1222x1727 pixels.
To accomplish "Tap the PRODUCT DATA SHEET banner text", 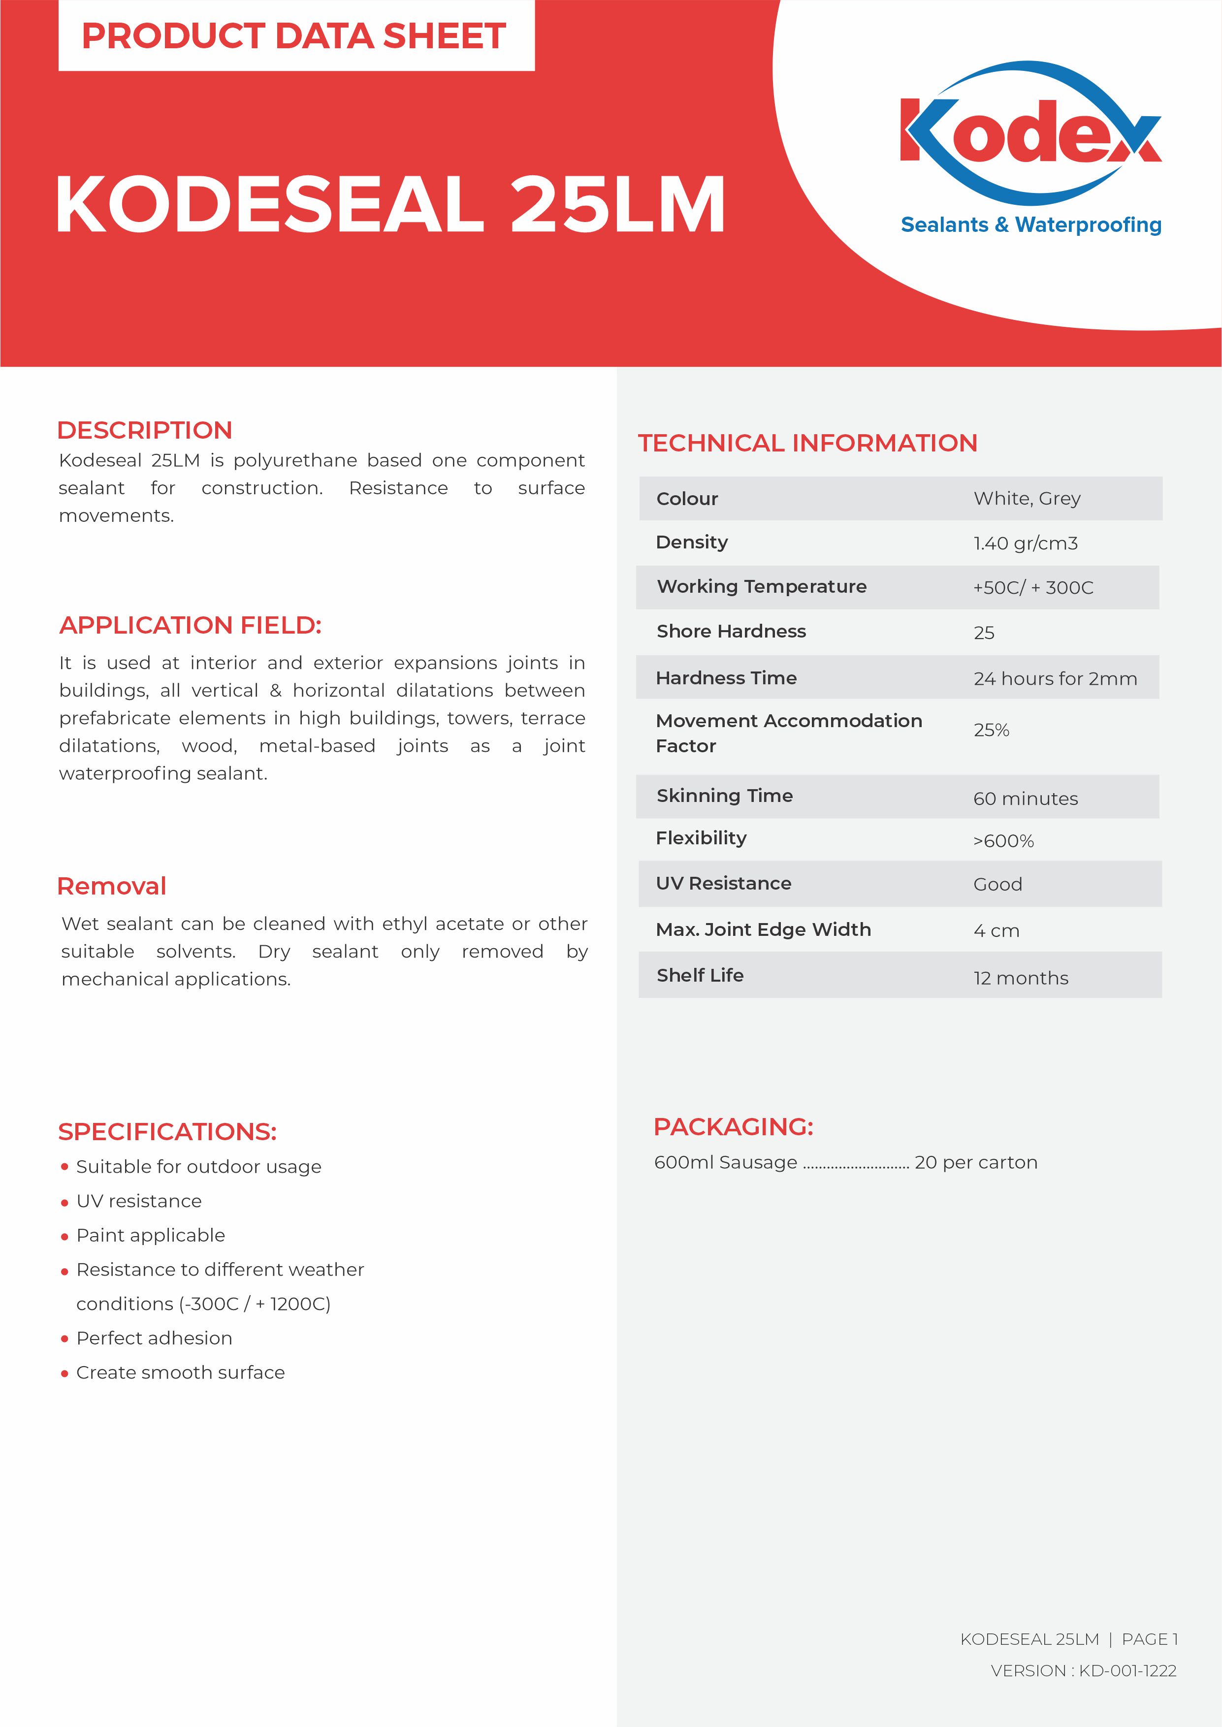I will point(293,36).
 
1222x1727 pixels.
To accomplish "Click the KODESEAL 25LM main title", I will point(390,205).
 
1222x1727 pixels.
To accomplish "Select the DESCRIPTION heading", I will point(144,430).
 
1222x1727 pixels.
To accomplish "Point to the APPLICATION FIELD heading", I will point(191,625).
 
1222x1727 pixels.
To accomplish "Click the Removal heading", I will point(111,886).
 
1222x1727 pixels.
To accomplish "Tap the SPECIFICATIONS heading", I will point(167,1131).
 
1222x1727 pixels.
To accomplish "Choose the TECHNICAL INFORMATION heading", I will point(807,443).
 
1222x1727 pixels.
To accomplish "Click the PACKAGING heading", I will point(733,1127).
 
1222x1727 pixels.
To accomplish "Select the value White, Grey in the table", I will point(1027,499).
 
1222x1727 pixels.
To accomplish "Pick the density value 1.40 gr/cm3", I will point(1025,543).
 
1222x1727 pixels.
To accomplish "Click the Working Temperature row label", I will point(762,587).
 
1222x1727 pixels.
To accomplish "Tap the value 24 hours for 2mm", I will point(1055,678).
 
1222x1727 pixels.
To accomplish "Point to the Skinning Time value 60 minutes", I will point(1025,799).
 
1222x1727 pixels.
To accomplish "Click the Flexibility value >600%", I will point(1003,841).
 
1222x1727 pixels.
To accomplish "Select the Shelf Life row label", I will point(700,976).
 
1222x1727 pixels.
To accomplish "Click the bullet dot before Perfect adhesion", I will point(64,1339).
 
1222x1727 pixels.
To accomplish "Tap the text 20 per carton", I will point(976,1162).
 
